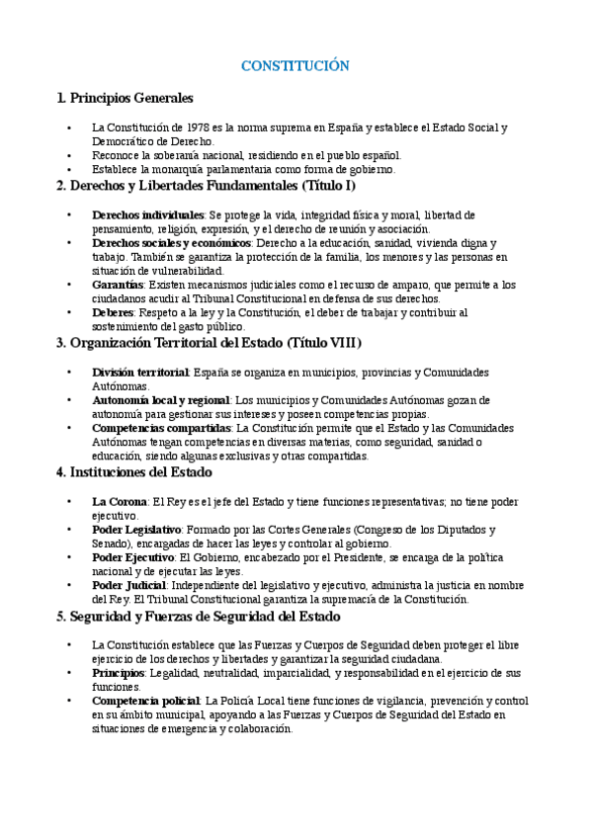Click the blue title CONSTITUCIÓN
[x=296, y=66]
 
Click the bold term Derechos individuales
[x=148, y=214]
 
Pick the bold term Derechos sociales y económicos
[x=171, y=243]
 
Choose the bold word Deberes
[x=113, y=313]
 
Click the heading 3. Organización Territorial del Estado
[x=210, y=343]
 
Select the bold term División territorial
[x=140, y=373]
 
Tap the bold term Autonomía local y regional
[x=160, y=400]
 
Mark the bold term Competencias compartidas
[x=161, y=429]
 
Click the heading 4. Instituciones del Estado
[x=148, y=472]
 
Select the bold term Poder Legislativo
[x=136, y=530]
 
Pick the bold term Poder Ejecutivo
[x=133, y=557]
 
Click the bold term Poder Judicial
[x=129, y=585]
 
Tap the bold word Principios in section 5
[x=118, y=673]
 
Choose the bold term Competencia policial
[x=146, y=701]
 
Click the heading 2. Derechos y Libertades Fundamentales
[x=206, y=186]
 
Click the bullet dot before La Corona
[x=68, y=502]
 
